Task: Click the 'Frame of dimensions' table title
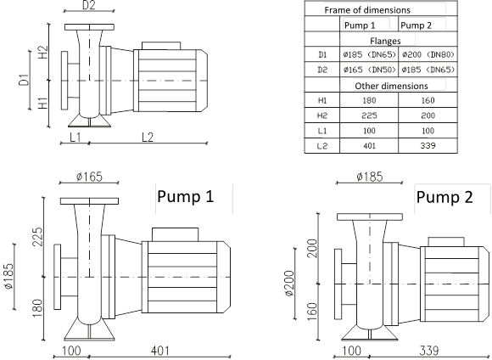(x=367, y=10)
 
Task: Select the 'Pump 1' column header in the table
(x=360, y=25)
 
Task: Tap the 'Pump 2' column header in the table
(x=416, y=25)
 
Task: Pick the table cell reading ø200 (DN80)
(x=428, y=54)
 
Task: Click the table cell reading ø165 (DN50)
(x=369, y=70)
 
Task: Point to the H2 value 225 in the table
(x=369, y=115)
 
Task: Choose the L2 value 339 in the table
(x=428, y=146)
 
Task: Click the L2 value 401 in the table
(x=369, y=146)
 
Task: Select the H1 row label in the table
(x=322, y=100)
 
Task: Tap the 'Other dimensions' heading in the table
(x=391, y=86)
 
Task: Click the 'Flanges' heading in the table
(x=385, y=41)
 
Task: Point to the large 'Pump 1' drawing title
(x=186, y=196)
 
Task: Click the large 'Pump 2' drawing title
(x=444, y=197)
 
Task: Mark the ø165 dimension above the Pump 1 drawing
(x=89, y=177)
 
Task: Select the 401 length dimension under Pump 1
(x=160, y=351)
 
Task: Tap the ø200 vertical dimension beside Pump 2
(x=289, y=283)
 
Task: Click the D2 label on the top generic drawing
(x=89, y=5)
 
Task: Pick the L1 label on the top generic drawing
(x=75, y=138)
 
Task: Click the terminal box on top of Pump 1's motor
(x=175, y=234)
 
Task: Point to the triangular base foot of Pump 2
(x=370, y=335)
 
